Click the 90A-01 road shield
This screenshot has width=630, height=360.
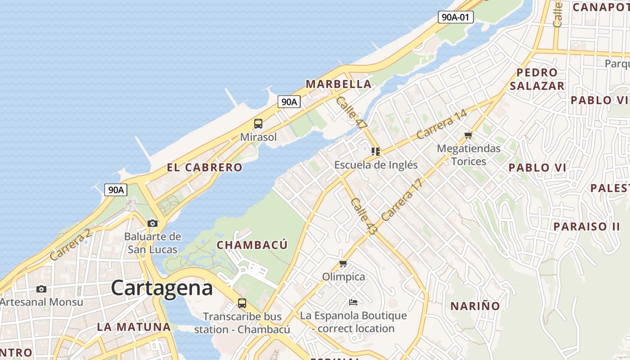point(456,18)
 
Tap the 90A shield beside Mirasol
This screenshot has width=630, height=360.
point(289,102)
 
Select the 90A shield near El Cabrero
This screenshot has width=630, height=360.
point(116,190)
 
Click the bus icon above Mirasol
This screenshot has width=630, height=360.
point(258,124)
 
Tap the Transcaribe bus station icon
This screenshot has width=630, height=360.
point(242,303)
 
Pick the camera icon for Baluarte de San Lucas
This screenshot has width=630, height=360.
point(153,223)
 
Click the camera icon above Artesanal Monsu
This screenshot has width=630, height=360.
point(41,289)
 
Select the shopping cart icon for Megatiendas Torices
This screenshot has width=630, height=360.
point(468,135)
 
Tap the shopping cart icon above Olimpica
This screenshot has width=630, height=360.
point(343,263)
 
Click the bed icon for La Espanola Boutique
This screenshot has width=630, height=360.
point(353,302)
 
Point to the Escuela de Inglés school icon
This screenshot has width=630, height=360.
point(376,152)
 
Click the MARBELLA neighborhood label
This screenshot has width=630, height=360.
point(338,84)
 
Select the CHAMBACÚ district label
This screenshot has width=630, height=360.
point(252,245)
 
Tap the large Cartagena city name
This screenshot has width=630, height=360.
point(162,288)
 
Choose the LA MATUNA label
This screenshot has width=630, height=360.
point(134,327)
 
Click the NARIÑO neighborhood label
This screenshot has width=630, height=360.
point(475,306)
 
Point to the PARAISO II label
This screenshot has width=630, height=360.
point(586,226)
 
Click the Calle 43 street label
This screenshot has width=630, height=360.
point(364,216)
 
